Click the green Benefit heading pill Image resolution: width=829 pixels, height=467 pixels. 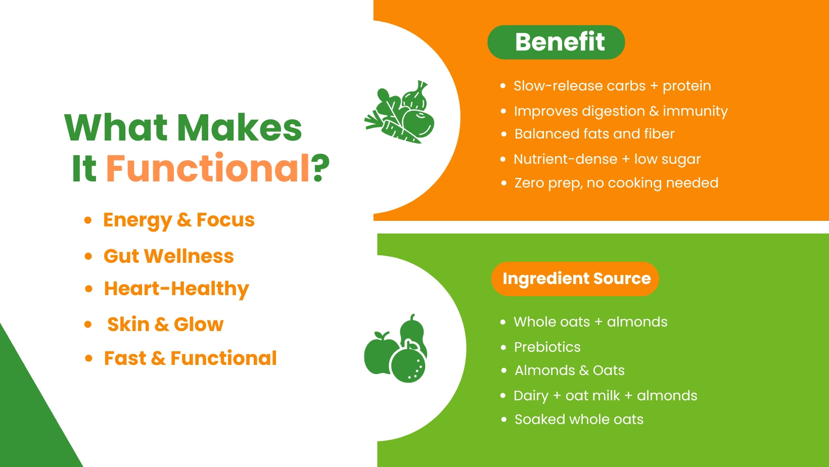click(x=556, y=42)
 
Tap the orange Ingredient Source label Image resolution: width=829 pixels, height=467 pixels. click(x=575, y=278)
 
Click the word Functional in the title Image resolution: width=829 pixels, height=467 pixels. click(x=208, y=168)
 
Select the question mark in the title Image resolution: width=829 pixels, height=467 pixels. click(x=321, y=168)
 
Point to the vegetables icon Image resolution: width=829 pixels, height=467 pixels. click(x=400, y=112)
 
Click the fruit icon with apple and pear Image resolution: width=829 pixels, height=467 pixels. click(x=396, y=349)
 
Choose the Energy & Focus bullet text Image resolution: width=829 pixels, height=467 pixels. click(x=179, y=220)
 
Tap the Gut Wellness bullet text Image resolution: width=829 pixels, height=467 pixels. click(x=169, y=256)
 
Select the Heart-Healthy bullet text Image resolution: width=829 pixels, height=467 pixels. click(x=176, y=289)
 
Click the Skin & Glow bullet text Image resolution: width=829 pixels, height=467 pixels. click(x=165, y=324)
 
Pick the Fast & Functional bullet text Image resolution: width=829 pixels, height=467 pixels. click(x=190, y=358)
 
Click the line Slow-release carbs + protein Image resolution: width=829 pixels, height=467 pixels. click(x=612, y=86)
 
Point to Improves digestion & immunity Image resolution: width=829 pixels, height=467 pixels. click(x=621, y=111)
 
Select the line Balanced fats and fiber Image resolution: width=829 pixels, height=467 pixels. click(x=594, y=134)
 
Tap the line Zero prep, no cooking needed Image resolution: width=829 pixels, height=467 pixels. click(x=616, y=183)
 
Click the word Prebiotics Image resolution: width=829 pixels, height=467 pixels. click(x=547, y=347)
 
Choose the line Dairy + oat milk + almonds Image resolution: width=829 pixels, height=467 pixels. click(x=606, y=396)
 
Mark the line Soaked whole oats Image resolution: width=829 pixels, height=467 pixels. click(x=579, y=419)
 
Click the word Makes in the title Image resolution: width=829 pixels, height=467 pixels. click(x=240, y=128)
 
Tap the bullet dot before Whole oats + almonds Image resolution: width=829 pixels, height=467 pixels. click(x=502, y=322)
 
